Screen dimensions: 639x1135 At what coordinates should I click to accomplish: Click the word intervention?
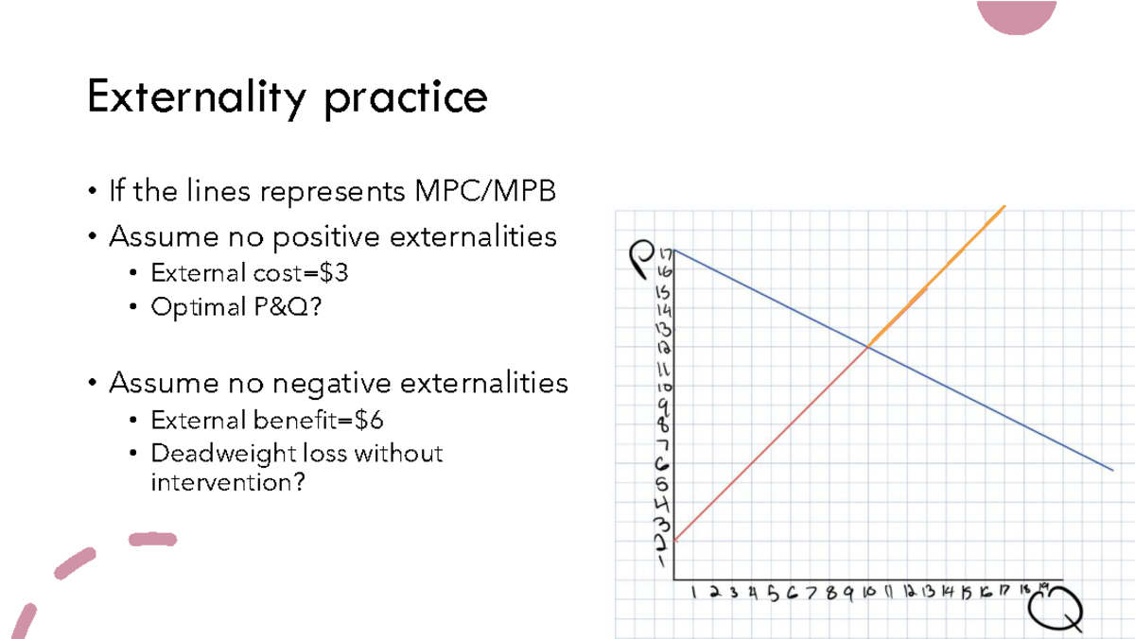coord(228,482)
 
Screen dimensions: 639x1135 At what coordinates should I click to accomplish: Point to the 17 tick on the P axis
coord(664,253)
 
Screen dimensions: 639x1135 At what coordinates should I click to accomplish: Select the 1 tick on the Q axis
coord(694,594)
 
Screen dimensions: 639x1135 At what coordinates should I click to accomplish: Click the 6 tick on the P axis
coord(664,464)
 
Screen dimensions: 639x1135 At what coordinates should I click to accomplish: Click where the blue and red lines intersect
coord(867,348)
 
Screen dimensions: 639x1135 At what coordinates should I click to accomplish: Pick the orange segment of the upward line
coord(936,275)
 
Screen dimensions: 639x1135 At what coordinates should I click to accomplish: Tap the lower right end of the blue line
coord(1110,468)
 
